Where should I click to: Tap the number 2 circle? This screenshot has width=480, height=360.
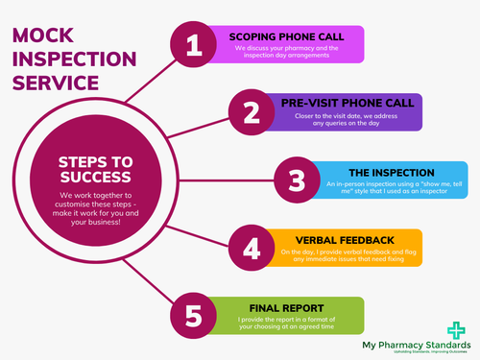point(252,113)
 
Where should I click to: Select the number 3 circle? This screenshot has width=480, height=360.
point(297,180)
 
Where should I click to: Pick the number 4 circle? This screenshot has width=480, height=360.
point(252,248)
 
